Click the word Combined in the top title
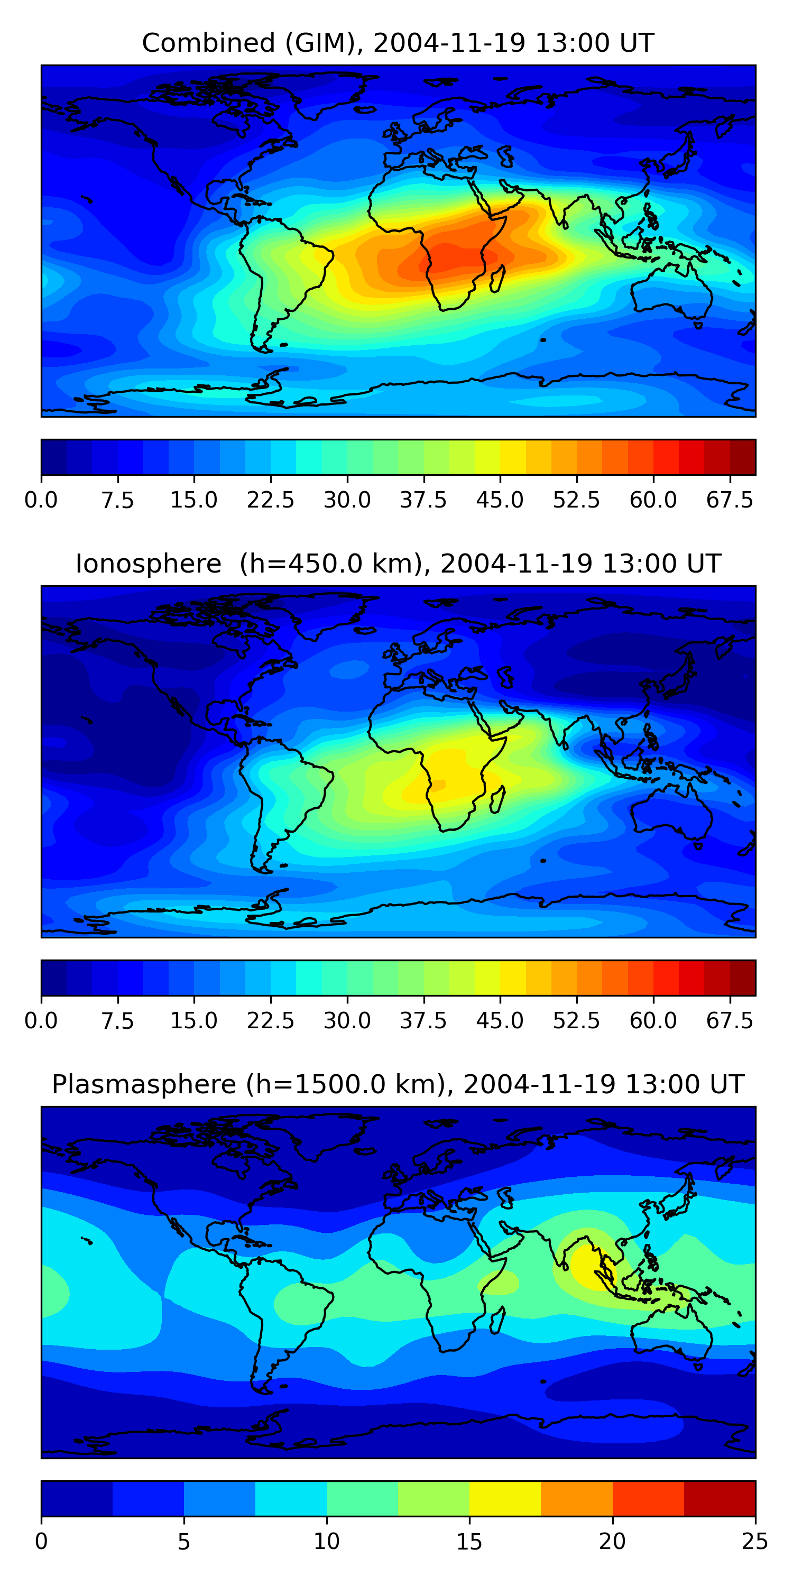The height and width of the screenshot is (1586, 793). pyautogui.click(x=208, y=43)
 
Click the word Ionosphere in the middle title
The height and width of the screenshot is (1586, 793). pyautogui.click(x=148, y=564)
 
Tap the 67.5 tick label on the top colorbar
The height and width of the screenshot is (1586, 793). pyautogui.click(x=730, y=500)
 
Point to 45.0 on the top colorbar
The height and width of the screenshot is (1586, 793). pyautogui.click(x=500, y=500)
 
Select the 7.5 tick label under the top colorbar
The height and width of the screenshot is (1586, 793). pyautogui.click(x=117, y=500)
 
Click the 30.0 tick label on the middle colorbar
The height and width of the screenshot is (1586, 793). pyautogui.click(x=347, y=1021)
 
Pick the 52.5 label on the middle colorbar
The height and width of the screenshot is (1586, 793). pyautogui.click(x=576, y=1021)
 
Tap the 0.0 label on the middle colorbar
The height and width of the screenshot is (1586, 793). pyautogui.click(x=41, y=1021)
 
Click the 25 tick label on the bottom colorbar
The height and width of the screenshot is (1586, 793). pyautogui.click(x=755, y=1542)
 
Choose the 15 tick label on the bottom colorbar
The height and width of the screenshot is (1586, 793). pyautogui.click(x=469, y=1542)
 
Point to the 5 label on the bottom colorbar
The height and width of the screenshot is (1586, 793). pyautogui.click(x=183, y=1542)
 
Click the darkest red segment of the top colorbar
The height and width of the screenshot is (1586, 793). pyautogui.click(x=743, y=457)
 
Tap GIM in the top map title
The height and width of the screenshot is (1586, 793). pyautogui.click(x=324, y=43)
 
